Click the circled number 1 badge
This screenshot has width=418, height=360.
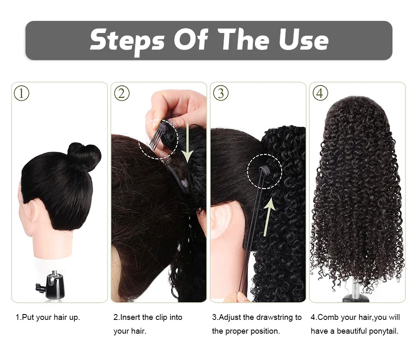pos(22,93)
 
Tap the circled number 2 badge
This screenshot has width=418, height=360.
pos(121,93)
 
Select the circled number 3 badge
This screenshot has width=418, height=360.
pos(221,93)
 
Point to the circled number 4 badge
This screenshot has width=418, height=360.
pos(320,93)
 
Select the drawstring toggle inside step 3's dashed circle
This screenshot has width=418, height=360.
pos(264,169)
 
